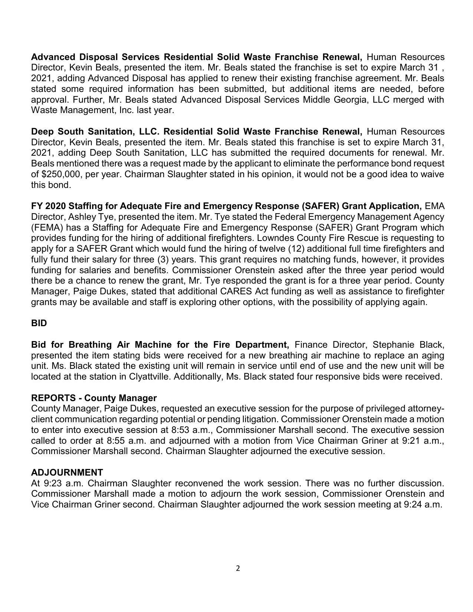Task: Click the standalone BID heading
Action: click(x=39, y=323)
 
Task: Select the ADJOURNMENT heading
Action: click(x=67, y=473)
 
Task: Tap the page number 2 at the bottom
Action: click(x=238, y=568)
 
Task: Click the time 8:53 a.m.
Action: click(x=193, y=430)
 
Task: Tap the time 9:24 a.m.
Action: click(x=423, y=505)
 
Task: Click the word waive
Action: click(x=432, y=174)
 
